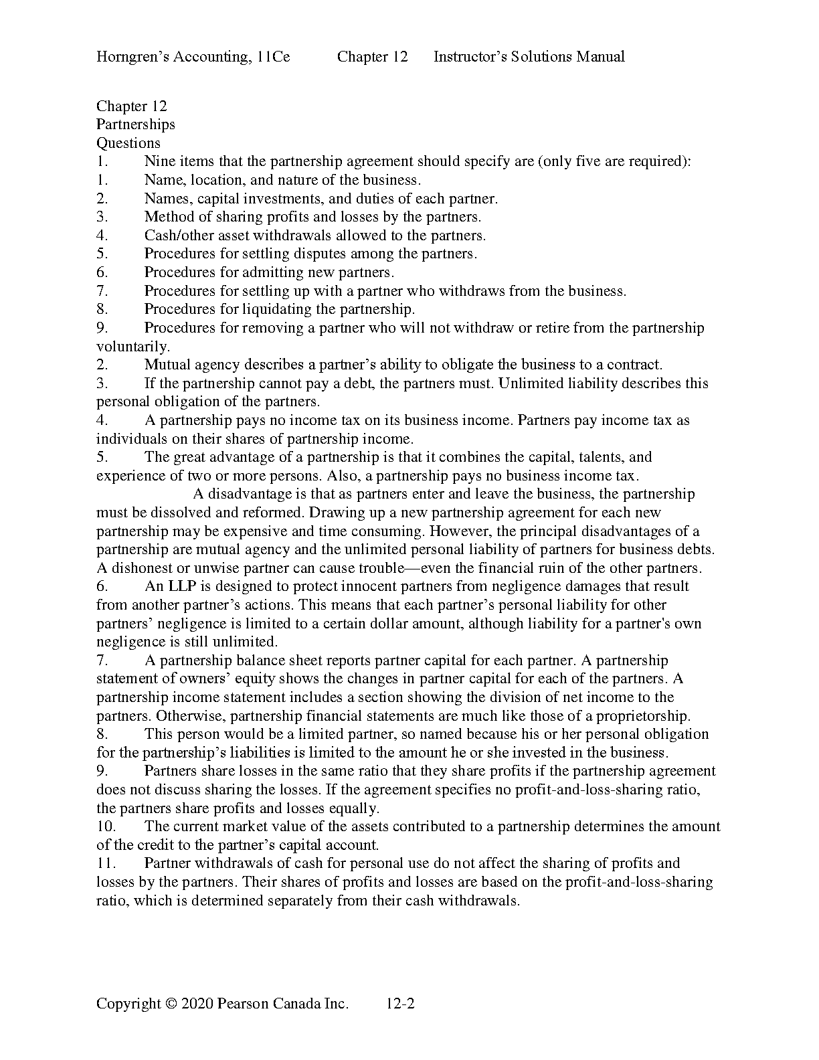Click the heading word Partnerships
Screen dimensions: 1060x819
pyautogui.click(x=135, y=124)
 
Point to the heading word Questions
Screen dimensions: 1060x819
pyautogui.click(x=128, y=143)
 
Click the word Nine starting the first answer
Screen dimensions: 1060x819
pyautogui.click(x=159, y=161)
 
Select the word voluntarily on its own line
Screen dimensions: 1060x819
pyautogui.click(x=132, y=347)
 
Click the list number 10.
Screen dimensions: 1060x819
pyautogui.click(x=106, y=826)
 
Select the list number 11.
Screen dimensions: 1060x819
pyautogui.click(x=106, y=863)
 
